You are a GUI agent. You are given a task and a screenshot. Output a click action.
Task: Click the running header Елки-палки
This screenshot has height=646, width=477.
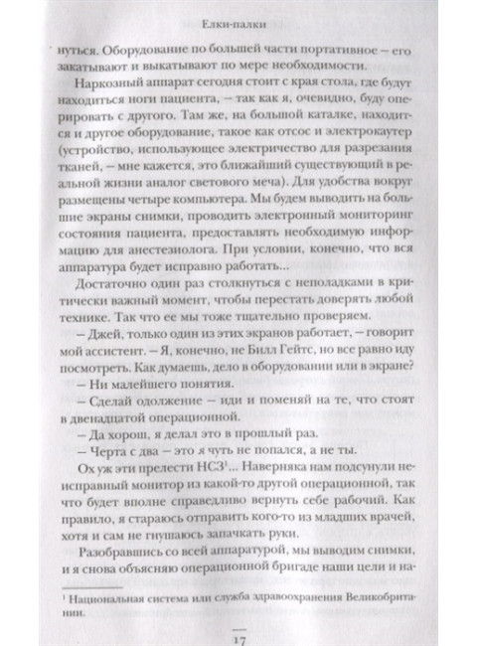(x=238, y=15)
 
